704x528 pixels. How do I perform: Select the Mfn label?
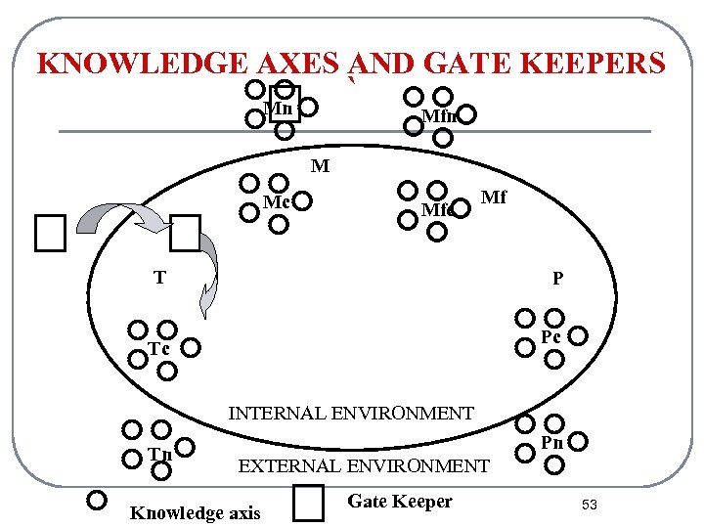(x=439, y=116)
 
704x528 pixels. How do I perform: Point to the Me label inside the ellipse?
(x=276, y=202)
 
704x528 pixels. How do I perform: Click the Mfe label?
(x=435, y=209)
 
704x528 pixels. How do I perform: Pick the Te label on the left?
(x=158, y=349)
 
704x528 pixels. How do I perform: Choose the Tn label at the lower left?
(x=159, y=453)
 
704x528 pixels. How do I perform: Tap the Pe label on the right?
(x=551, y=337)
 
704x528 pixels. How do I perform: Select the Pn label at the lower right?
(x=552, y=443)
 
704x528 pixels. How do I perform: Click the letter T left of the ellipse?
(x=158, y=278)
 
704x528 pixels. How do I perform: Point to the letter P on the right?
(x=557, y=279)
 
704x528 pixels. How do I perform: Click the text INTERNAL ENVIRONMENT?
(x=351, y=414)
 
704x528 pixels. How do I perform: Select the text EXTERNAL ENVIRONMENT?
(x=364, y=466)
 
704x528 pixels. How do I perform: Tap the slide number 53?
(x=590, y=505)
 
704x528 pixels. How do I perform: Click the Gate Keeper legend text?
(x=400, y=502)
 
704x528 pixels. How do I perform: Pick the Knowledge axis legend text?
(x=196, y=513)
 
